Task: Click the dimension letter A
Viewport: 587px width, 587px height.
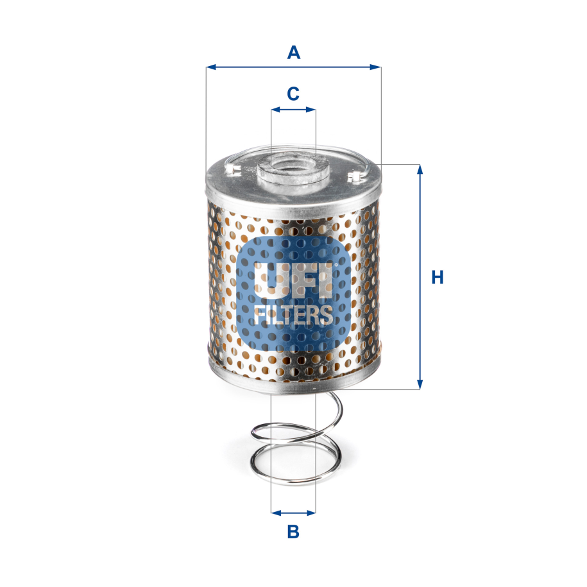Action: pos(293,52)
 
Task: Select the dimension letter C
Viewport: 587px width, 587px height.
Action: pos(293,94)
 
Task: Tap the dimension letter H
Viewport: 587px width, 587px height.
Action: pos(438,277)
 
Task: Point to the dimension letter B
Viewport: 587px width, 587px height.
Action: pos(293,532)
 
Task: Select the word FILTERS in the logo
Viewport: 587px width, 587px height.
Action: pos(293,314)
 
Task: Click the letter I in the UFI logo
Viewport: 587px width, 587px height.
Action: pos(325,280)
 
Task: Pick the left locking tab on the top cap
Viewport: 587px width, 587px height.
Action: pos(233,170)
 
